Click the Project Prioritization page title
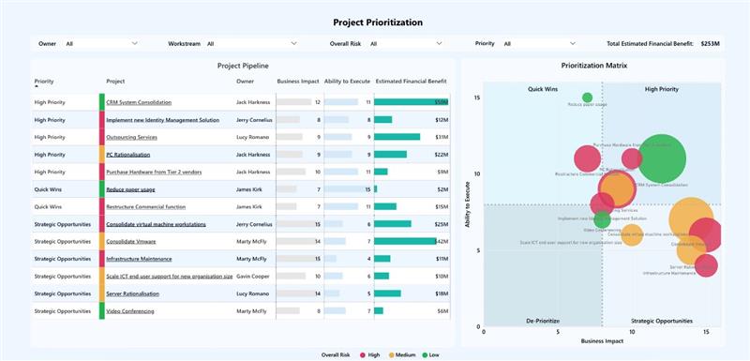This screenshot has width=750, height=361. [x=378, y=22]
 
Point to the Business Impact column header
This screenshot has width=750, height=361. [x=298, y=82]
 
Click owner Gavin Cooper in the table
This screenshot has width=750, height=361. [x=253, y=276]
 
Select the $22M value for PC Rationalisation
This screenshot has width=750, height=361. [x=441, y=155]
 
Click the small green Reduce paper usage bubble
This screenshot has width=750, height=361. [x=588, y=97]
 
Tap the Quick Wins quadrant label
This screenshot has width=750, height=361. [x=544, y=89]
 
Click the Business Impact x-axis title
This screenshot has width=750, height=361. [x=602, y=340]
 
